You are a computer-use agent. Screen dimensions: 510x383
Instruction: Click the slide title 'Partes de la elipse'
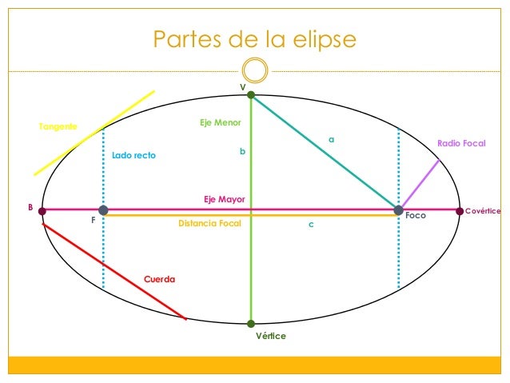pyautogui.click(x=254, y=40)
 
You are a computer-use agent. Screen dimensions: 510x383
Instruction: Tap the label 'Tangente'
pyautogui.click(x=58, y=127)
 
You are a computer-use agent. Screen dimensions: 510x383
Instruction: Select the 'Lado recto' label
pyautogui.click(x=133, y=155)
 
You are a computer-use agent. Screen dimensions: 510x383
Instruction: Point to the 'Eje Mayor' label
pyautogui.click(x=224, y=199)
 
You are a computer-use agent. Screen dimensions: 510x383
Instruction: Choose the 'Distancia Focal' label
pyautogui.click(x=209, y=224)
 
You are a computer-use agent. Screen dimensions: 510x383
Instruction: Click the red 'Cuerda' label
pyautogui.click(x=158, y=279)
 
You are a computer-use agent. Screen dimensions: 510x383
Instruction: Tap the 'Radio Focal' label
pyautogui.click(x=461, y=143)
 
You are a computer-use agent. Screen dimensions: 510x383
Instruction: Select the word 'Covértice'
pyautogui.click(x=483, y=211)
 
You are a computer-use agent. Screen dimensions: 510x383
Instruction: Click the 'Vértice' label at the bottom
pyautogui.click(x=270, y=337)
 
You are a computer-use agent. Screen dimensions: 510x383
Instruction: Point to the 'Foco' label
pyautogui.click(x=416, y=216)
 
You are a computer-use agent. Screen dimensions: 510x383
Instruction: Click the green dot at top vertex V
pyautogui.click(x=251, y=95)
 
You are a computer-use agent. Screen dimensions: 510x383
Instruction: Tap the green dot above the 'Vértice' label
pyautogui.click(x=251, y=324)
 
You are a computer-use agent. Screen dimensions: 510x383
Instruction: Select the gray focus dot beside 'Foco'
pyautogui.click(x=398, y=210)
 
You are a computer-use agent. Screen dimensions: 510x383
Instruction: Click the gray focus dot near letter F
pyautogui.click(x=103, y=210)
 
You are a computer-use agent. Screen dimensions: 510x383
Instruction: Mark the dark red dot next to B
pyautogui.click(x=42, y=212)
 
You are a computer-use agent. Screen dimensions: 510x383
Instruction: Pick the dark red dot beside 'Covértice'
pyautogui.click(x=460, y=211)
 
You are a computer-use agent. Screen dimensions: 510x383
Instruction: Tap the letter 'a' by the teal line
pyautogui.click(x=332, y=140)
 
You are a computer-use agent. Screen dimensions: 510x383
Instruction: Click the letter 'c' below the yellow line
pyautogui.click(x=312, y=225)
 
